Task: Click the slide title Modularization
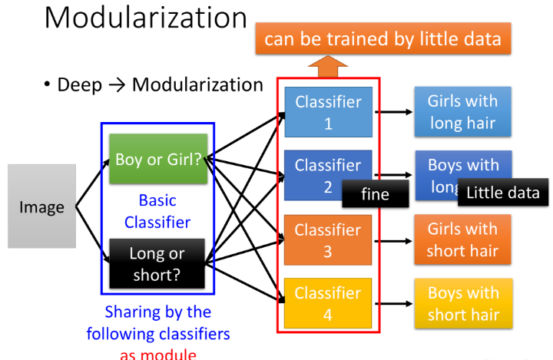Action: tap(145, 18)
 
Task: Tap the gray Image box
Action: tap(42, 206)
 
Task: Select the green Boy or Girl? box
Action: tap(157, 160)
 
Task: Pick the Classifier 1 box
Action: tap(328, 112)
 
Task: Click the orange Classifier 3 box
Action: tap(328, 240)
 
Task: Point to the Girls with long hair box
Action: tap(462, 112)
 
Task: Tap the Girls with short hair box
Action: tap(462, 240)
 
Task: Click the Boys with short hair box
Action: tap(462, 304)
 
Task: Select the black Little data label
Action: tap(503, 193)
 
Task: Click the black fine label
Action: tap(376, 194)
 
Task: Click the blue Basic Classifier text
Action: tap(157, 211)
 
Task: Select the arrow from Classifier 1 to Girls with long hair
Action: tap(393, 112)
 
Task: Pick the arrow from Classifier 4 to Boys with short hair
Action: tap(393, 304)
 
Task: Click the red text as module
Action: tap(157, 354)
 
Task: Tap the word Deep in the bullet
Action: tap(79, 84)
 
